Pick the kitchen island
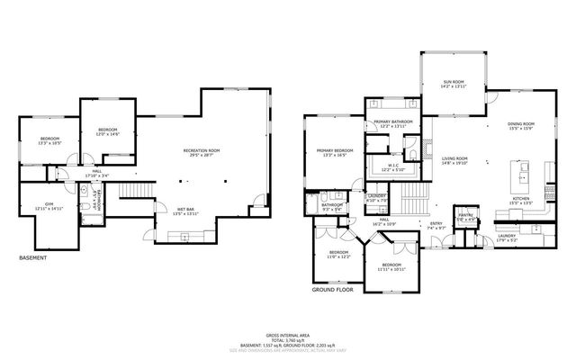point(520,170)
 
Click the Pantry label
point(465,215)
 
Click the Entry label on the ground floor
point(436,225)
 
